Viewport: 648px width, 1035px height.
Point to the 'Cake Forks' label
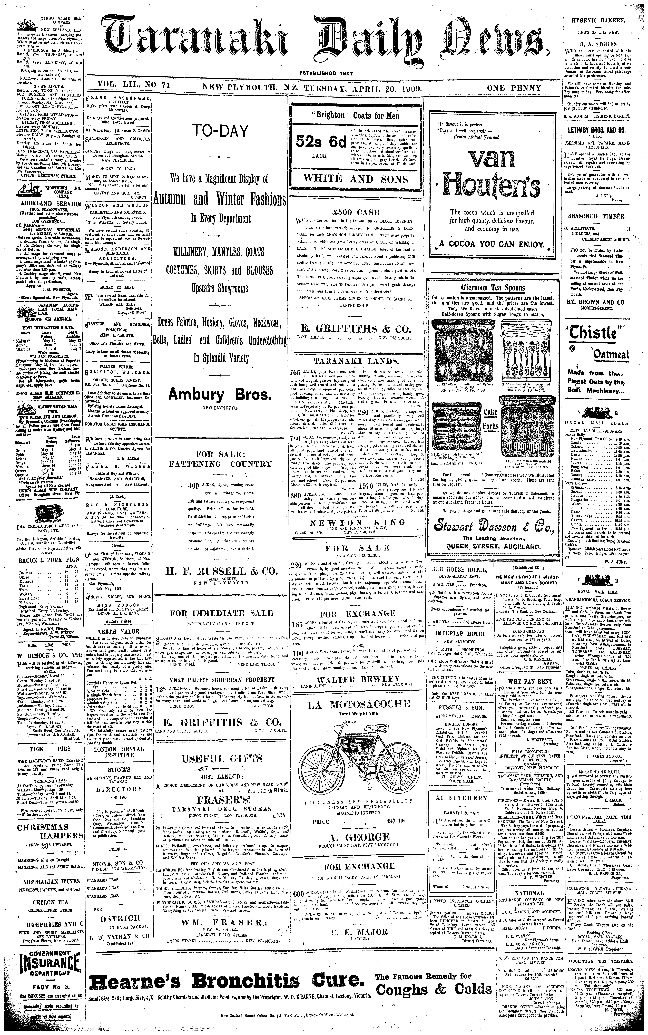[491, 419]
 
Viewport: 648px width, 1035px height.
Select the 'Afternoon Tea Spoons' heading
[492, 288]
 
